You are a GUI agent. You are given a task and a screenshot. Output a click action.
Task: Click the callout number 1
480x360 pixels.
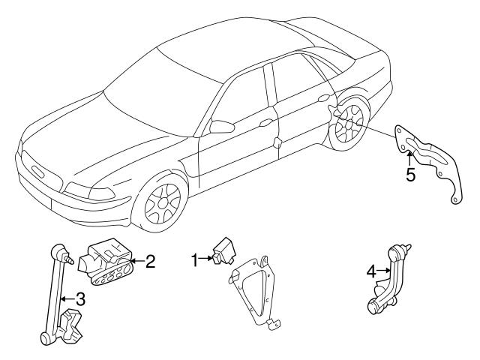point(193,260)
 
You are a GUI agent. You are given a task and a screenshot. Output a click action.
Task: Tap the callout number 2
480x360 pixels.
point(151,262)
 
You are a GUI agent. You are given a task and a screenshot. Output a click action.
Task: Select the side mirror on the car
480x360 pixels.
point(222,126)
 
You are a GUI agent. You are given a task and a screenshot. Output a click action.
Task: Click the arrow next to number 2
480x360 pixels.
point(136,262)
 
